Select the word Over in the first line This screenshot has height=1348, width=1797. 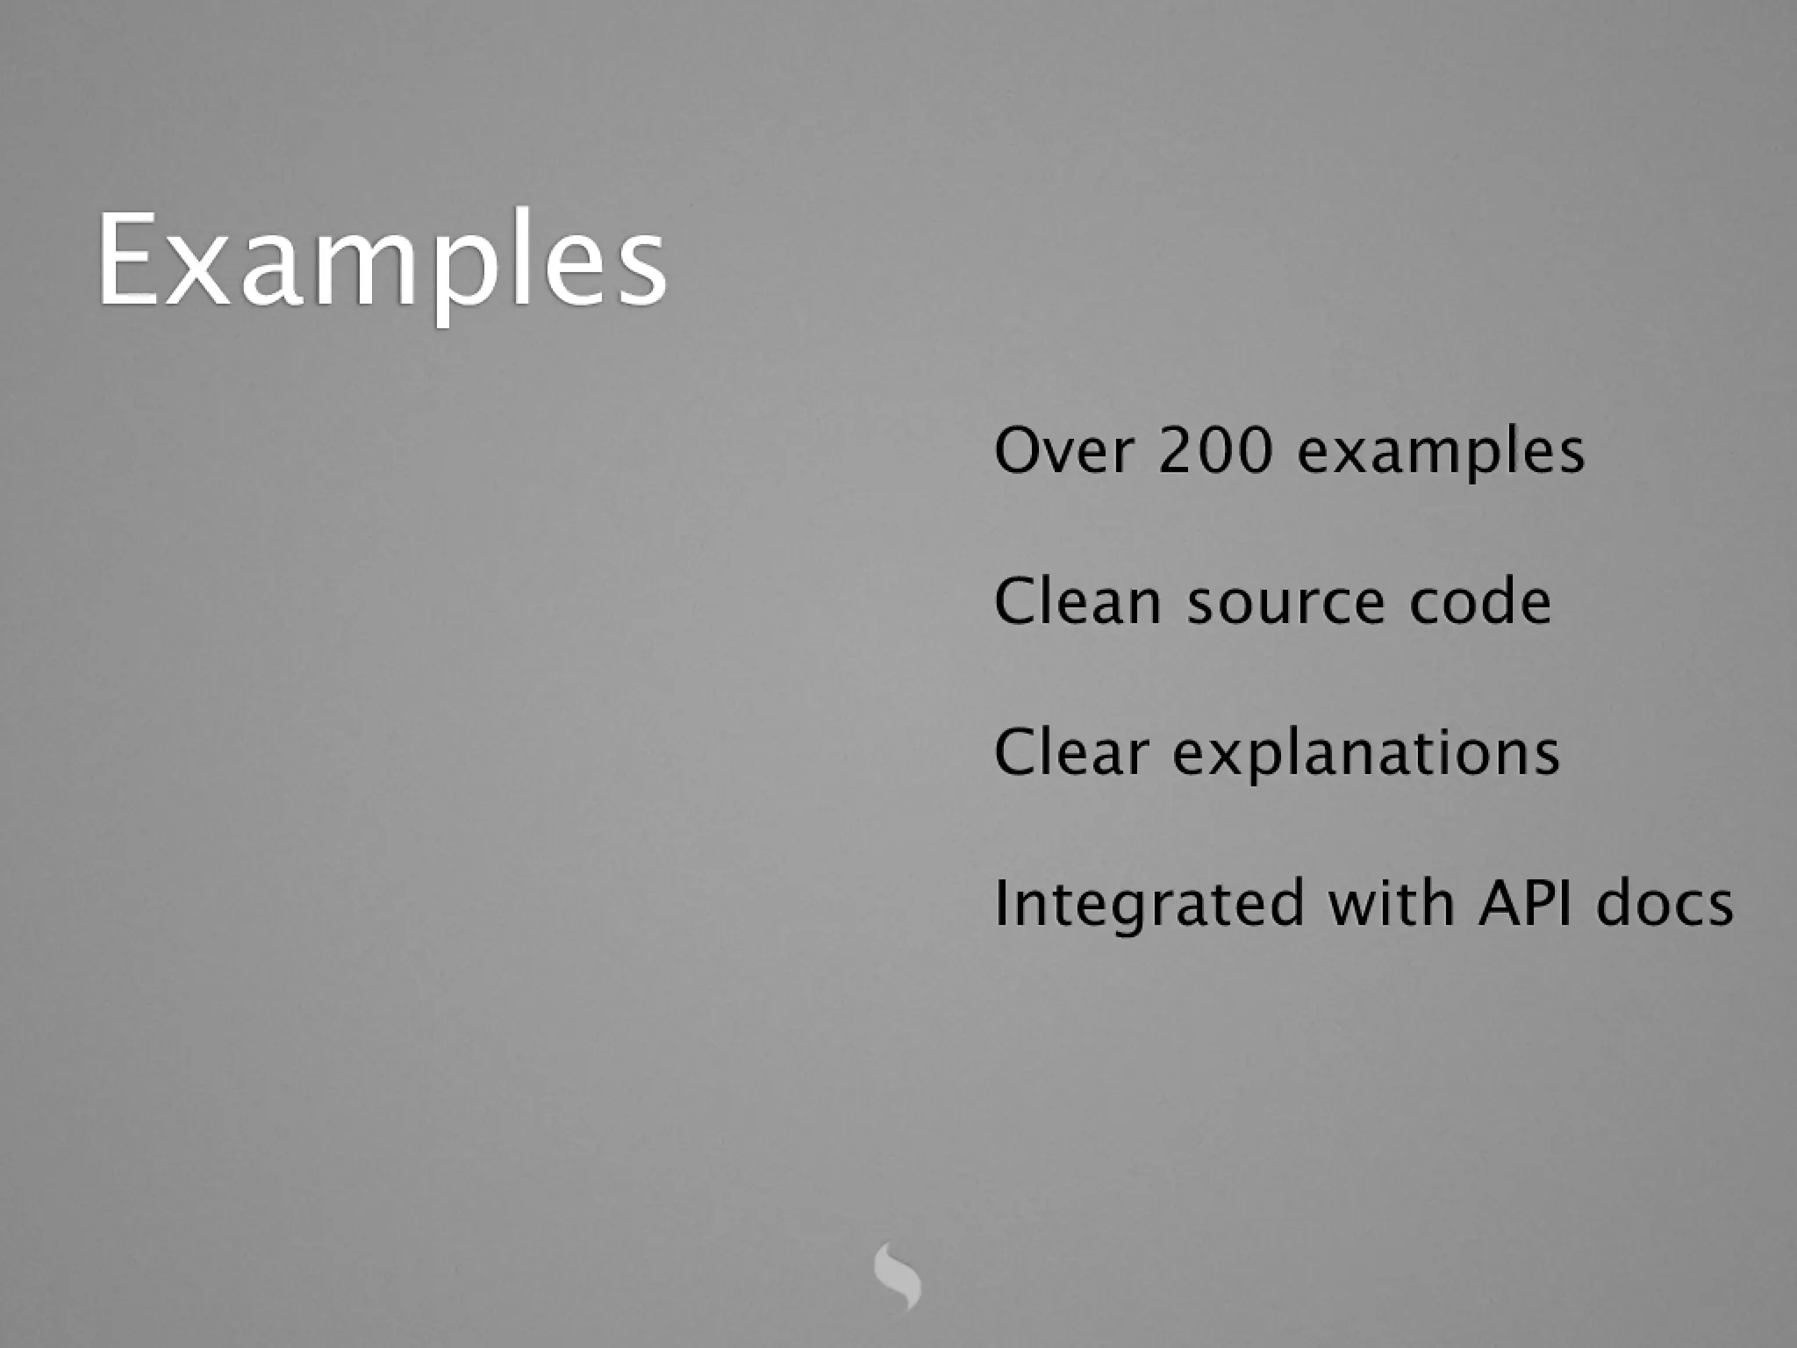pyautogui.click(x=1063, y=451)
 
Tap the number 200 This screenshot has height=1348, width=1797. pyautogui.click(x=1215, y=451)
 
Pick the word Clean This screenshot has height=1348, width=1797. pyautogui.click(x=1077, y=602)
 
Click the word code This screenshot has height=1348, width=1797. pyautogui.click(x=1480, y=602)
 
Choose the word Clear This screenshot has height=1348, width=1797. pyautogui.click(x=1070, y=753)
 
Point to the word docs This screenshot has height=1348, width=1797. pyautogui.click(x=1665, y=904)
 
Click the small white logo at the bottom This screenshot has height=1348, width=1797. pyautogui.click(x=897, y=1274)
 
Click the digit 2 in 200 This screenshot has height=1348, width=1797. pyautogui.click(x=1176, y=451)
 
